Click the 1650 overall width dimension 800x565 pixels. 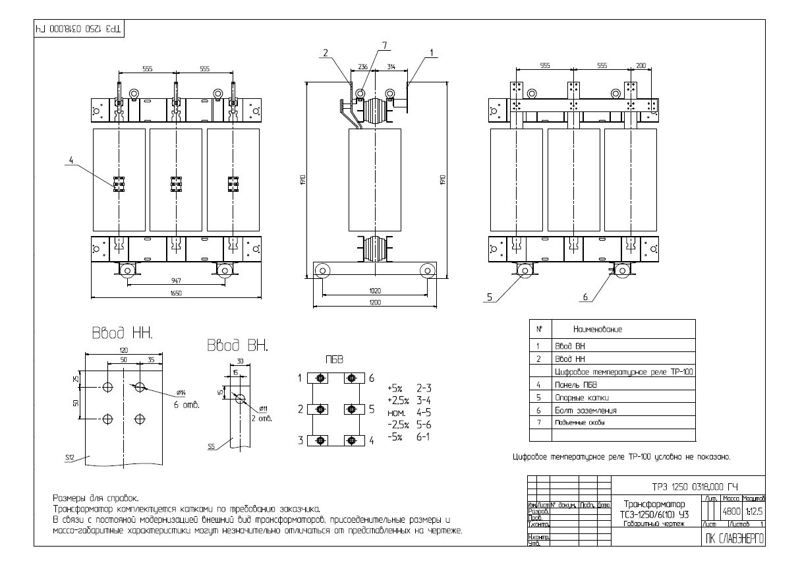tap(175, 293)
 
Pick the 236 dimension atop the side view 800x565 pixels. tap(362, 67)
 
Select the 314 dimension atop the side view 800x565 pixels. tap(391, 67)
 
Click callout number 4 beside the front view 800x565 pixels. tap(71, 158)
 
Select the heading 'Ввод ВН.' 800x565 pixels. tap(237, 346)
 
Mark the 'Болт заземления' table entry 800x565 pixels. tap(582, 410)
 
